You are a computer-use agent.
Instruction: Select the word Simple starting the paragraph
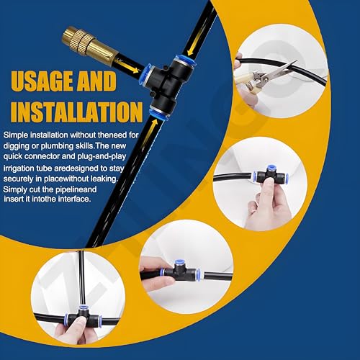17,135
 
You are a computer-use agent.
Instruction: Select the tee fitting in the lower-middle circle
183,272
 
